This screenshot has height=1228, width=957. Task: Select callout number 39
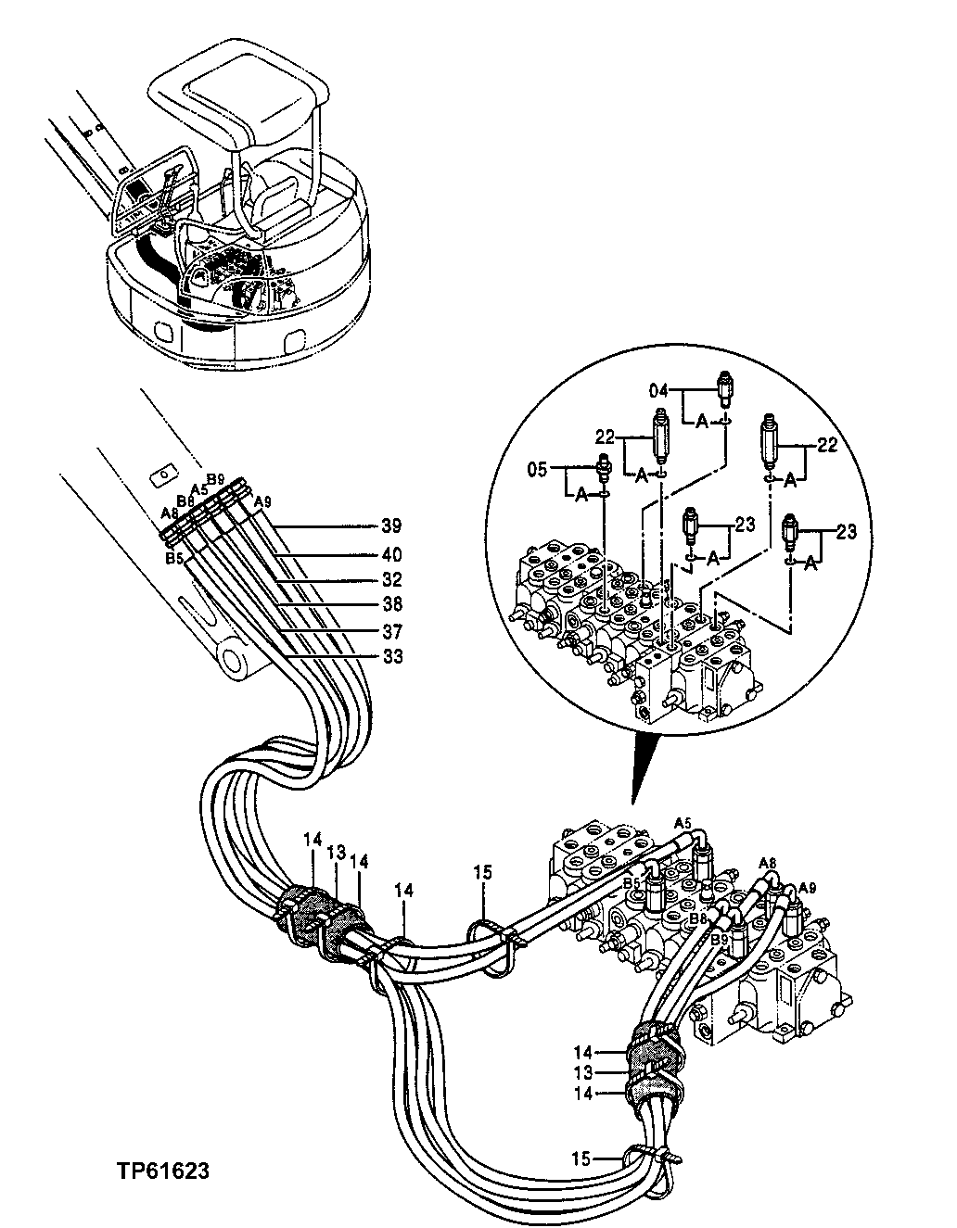point(391,526)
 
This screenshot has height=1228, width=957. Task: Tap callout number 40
point(391,554)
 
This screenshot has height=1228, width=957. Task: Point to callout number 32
point(391,580)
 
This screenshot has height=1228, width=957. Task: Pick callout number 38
point(391,605)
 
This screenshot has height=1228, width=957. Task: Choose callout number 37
point(391,631)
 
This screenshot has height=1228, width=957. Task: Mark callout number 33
point(391,657)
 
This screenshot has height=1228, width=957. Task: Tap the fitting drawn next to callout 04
point(726,389)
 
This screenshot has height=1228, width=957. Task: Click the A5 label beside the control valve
point(683,822)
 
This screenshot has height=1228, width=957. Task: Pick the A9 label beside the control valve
point(807,884)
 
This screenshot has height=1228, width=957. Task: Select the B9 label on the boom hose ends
point(215,479)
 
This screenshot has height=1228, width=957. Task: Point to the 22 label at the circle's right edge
point(827,446)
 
